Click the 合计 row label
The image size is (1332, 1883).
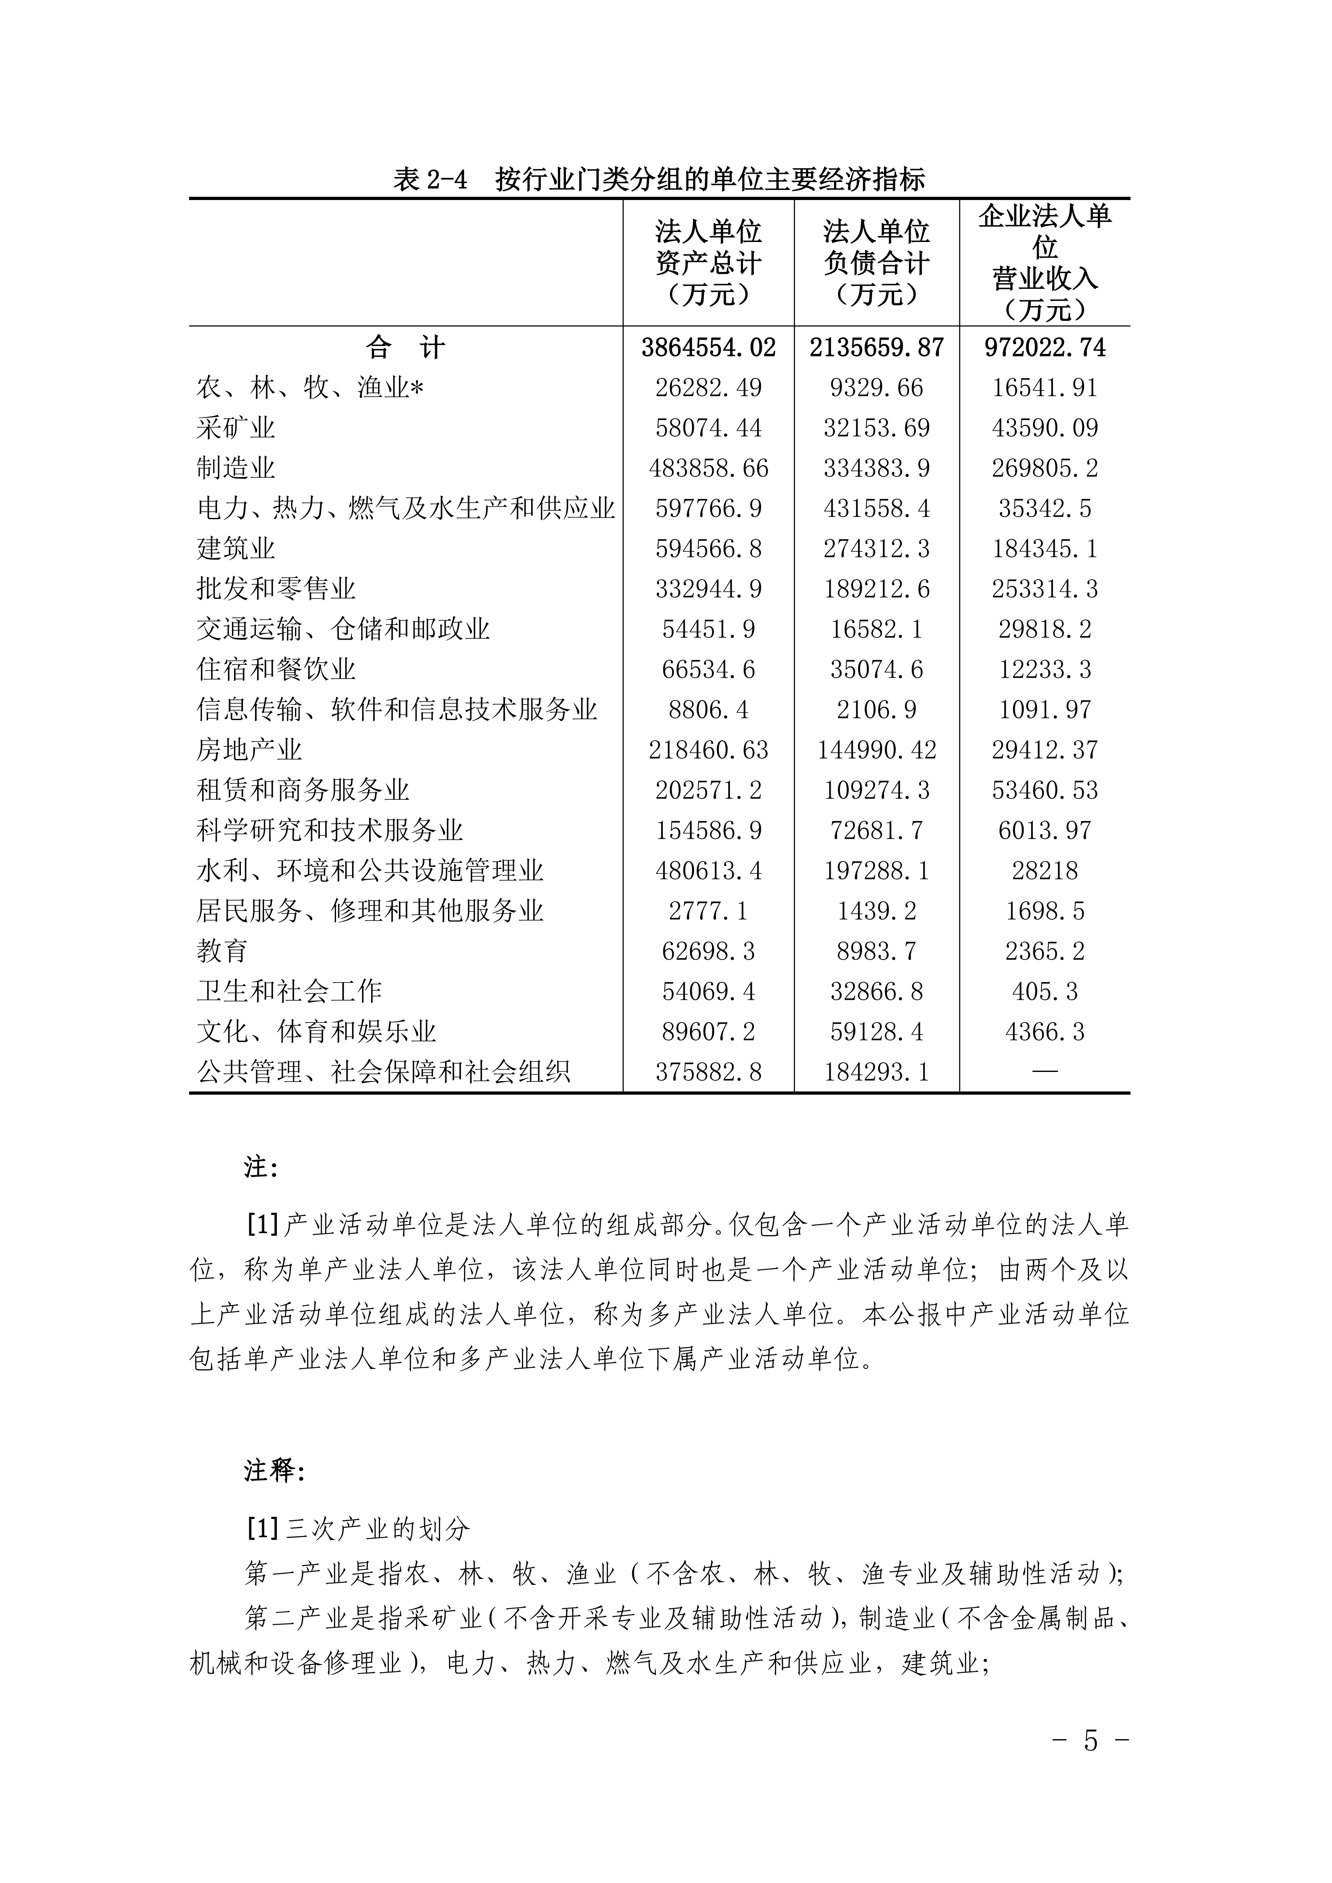[405, 348]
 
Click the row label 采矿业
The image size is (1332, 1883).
[235, 428]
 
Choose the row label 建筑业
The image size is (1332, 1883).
[235, 549]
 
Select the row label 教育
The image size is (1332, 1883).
[222, 951]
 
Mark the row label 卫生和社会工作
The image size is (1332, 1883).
[289, 991]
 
